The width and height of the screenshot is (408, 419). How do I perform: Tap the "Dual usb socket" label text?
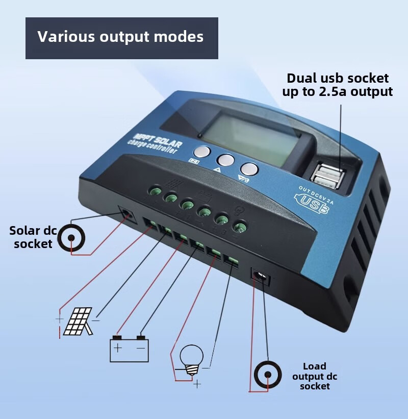click(338, 79)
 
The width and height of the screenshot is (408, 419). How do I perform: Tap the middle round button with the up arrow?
click(224, 160)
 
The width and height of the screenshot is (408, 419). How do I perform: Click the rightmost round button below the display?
click(248, 169)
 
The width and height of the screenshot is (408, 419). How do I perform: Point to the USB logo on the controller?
click(312, 203)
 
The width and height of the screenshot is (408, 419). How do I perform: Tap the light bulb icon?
click(192, 359)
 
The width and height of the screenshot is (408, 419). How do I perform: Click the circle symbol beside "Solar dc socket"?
click(71, 238)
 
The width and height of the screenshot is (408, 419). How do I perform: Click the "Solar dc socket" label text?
click(33, 237)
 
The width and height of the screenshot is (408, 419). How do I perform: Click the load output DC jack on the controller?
click(261, 277)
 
